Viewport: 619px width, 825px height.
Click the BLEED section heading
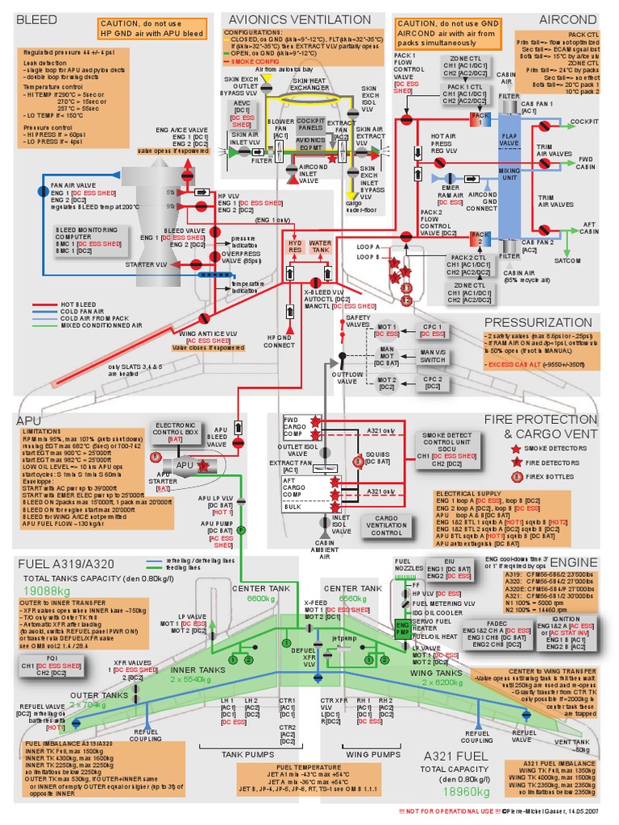click(x=36, y=18)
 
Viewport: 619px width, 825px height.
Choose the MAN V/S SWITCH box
click(x=432, y=357)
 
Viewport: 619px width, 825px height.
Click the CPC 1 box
click(x=433, y=330)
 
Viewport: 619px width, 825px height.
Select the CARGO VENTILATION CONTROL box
click(x=387, y=526)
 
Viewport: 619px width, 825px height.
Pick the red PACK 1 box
click(x=480, y=119)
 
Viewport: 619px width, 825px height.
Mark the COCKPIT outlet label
click(x=584, y=122)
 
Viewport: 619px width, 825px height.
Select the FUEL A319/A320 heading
click(x=67, y=562)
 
